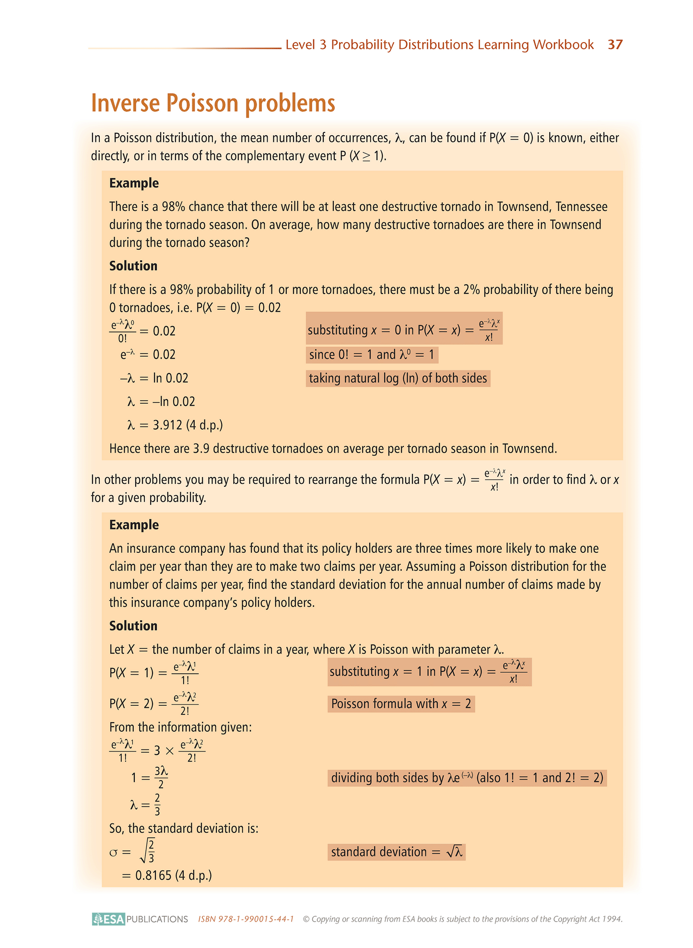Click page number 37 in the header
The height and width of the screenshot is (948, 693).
click(615, 45)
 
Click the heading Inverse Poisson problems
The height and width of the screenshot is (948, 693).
click(213, 103)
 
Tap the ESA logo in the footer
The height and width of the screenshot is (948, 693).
click(109, 919)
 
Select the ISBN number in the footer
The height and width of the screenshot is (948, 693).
click(246, 919)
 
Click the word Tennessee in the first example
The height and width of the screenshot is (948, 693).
click(581, 207)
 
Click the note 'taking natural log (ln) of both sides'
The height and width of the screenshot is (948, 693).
click(398, 378)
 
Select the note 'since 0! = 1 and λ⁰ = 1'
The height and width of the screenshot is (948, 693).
click(372, 355)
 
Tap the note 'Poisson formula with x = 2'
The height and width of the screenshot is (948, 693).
click(401, 704)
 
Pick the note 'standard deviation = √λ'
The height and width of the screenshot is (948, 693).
click(397, 852)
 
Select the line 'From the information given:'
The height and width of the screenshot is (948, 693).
click(180, 727)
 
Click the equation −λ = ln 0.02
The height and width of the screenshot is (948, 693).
click(154, 378)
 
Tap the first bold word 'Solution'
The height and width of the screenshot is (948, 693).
click(133, 266)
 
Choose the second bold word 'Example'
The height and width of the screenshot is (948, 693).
click(134, 525)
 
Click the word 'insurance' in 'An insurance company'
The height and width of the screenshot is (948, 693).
click(150, 548)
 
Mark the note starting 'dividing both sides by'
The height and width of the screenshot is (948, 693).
click(467, 777)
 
